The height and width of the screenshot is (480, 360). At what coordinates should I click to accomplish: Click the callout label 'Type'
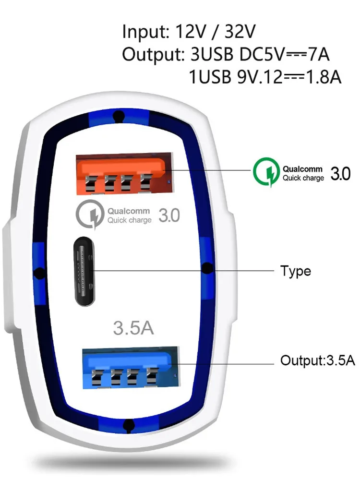click(296, 271)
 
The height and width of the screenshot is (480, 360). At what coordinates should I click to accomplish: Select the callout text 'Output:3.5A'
click(318, 360)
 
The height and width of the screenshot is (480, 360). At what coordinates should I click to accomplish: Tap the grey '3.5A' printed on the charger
click(133, 328)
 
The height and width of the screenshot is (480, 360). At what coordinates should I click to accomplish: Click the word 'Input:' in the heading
click(144, 32)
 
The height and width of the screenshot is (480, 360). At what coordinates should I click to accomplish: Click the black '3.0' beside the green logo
click(340, 173)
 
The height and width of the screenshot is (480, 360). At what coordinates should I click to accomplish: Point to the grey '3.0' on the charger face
click(169, 216)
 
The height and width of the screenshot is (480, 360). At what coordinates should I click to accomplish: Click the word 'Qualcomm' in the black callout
click(302, 169)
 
